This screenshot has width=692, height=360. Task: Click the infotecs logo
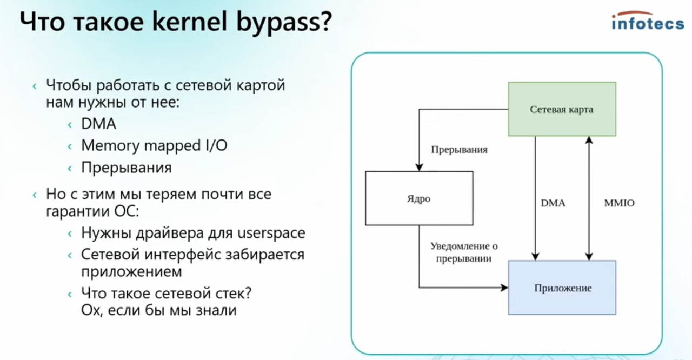click(x=648, y=21)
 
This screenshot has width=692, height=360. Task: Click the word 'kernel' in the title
click(x=190, y=22)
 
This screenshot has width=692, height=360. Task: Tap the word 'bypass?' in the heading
click(x=284, y=23)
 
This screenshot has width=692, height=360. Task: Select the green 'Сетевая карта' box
click(x=562, y=109)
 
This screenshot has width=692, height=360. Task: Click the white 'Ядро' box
click(x=419, y=198)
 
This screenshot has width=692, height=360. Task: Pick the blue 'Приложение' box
click(x=562, y=288)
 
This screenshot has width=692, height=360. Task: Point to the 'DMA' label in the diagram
click(x=553, y=203)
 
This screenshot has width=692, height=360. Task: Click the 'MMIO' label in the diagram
click(x=619, y=203)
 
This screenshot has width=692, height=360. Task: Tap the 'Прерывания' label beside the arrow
click(x=459, y=150)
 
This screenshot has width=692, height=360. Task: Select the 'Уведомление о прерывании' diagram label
click(x=464, y=252)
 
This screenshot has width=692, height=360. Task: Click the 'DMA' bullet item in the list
click(x=98, y=124)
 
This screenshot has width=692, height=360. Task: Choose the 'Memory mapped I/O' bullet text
click(x=154, y=146)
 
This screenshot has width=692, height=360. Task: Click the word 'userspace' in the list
click(x=271, y=233)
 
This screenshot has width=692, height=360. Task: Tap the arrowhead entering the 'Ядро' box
click(x=419, y=168)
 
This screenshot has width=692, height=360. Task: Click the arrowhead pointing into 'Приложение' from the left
click(x=504, y=288)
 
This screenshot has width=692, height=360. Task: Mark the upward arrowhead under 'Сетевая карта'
click(x=589, y=140)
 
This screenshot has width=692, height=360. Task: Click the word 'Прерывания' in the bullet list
click(x=127, y=168)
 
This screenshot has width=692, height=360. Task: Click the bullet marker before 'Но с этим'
click(x=35, y=195)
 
